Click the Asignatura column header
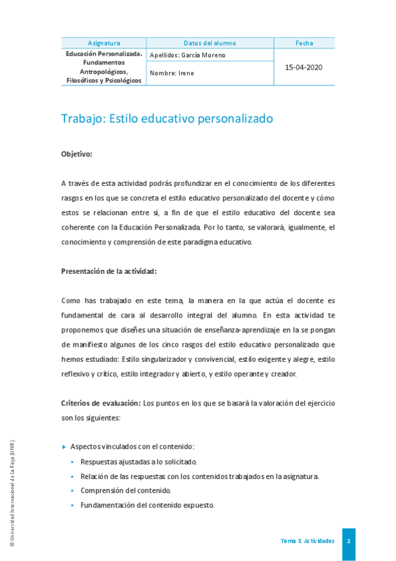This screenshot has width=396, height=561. pyautogui.click(x=104, y=43)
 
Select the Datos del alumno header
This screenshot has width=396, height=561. pyautogui.click(x=210, y=43)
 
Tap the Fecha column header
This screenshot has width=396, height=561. pyautogui.click(x=304, y=43)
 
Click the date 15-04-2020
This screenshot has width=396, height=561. pyautogui.click(x=304, y=67)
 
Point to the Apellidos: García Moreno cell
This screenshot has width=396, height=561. pyautogui.click(x=188, y=55)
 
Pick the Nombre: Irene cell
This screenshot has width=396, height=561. pyautogui.click(x=173, y=73)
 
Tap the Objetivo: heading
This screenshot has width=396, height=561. pyautogui.click(x=77, y=154)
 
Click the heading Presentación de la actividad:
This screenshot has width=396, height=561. pyautogui.click(x=109, y=271)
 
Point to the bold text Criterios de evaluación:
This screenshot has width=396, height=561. pyautogui.click(x=100, y=402)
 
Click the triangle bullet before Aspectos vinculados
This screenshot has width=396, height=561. pyautogui.click(x=64, y=447)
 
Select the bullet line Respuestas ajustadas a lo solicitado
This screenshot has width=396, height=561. pyautogui.click(x=138, y=462)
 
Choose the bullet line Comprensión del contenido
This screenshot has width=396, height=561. pyautogui.click(x=126, y=491)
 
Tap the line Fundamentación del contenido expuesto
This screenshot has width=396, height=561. pyautogui.click(x=147, y=505)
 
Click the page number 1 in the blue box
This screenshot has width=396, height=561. pyautogui.click(x=348, y=541)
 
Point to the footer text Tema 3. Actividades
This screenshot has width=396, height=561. pyautogui.click(x=307, y=541)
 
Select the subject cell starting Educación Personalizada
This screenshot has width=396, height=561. pyautogui.click(x=104, y=67)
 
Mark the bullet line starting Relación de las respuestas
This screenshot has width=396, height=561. pyautogui.click(x=200, y=476)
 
